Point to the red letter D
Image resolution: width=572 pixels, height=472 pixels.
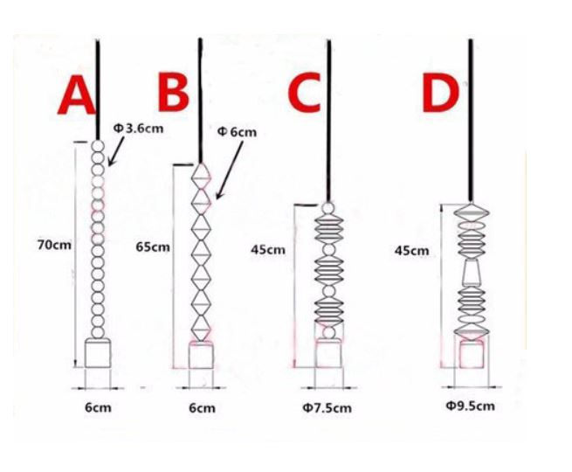tap(440, 94)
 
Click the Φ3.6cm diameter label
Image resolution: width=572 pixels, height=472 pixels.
tap(138, 128)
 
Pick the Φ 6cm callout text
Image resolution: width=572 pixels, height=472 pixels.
tap(237, 132)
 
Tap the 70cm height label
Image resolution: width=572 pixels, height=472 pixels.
tap(54, 245)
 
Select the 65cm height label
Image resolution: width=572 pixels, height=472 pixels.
tap(153, 247)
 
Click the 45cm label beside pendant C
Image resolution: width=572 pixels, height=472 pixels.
tap(268, 250)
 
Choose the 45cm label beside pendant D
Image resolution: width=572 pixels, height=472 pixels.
tap(412, 251)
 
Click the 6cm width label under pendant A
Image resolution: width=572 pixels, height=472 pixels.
tap(98, 407)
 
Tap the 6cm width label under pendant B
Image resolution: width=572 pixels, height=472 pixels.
tap(202, 407)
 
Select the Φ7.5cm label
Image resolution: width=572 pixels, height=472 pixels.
tap(327, 407)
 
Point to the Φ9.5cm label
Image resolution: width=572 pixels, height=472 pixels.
tap(470, 406)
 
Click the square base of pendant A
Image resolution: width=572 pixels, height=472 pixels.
tap(98, 353)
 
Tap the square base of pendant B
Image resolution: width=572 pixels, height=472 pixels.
tap(201, 356)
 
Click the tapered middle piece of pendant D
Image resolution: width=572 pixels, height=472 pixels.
tap(472, 273)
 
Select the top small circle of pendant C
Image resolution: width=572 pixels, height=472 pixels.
tap(328, 208)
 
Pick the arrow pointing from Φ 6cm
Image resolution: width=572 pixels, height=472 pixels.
tap(230, 170)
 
